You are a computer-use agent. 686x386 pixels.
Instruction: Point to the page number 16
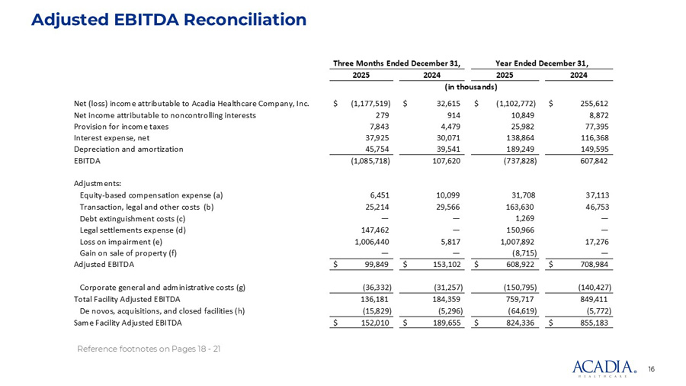click(652, 369)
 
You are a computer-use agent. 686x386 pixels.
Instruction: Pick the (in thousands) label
click(470, 88)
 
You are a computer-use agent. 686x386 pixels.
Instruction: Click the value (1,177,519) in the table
click(370, 102)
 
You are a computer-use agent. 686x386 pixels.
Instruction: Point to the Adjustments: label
click(92, 183)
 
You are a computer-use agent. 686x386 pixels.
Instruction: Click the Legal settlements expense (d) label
click(133, 230)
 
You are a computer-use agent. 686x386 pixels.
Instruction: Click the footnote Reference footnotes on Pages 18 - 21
click(149, 349)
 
